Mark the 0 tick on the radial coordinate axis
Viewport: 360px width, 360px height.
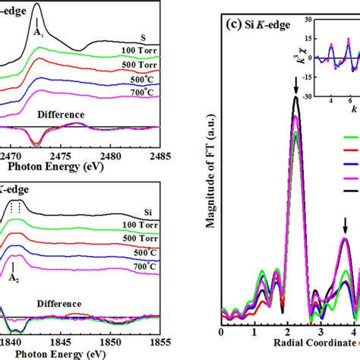[220, 332]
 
